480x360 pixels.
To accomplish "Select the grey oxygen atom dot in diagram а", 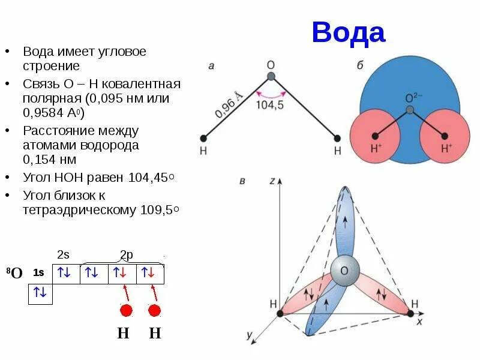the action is click(x=271, y=76).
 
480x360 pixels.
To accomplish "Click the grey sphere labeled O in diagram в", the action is click(x=344, y=271).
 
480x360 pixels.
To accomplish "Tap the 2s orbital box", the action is click(x=64, y=273).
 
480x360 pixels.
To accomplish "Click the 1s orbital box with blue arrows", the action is click(x=40, y=293).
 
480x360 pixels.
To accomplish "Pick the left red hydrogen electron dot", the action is click(x=126, y=311).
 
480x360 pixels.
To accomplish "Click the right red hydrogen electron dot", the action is click(x=155, y=311).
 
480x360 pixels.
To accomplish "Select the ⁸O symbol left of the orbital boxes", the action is click(x=14, y=274).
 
